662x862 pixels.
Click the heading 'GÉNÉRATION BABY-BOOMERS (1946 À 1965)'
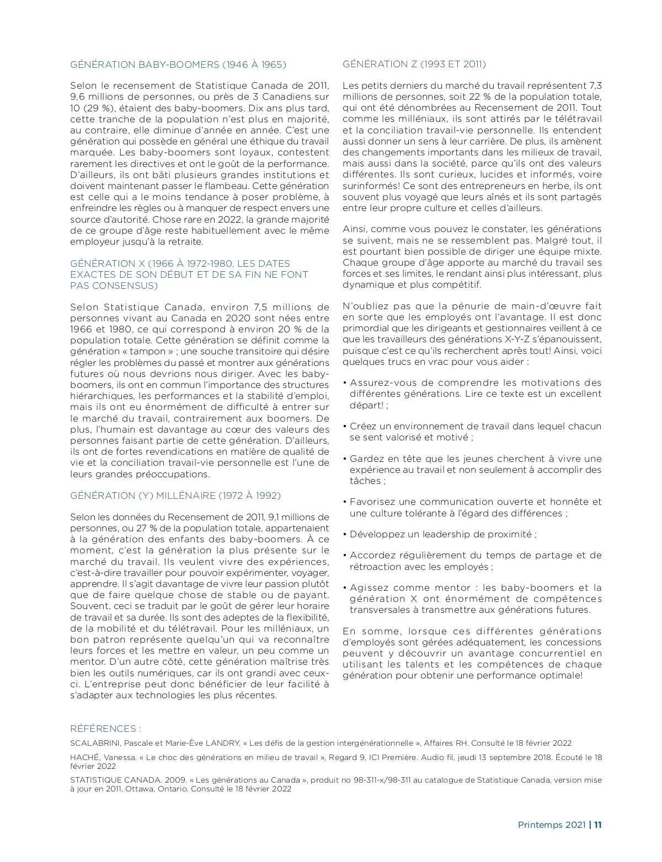178,64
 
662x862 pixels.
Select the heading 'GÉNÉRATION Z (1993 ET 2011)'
414,64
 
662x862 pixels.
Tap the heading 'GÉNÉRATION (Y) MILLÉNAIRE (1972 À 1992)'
175,495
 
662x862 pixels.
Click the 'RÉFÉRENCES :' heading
106,729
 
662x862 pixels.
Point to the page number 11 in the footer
597,825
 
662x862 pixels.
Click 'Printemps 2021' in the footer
552,825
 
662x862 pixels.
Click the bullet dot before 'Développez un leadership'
345,535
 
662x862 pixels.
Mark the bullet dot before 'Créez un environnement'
345,427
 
